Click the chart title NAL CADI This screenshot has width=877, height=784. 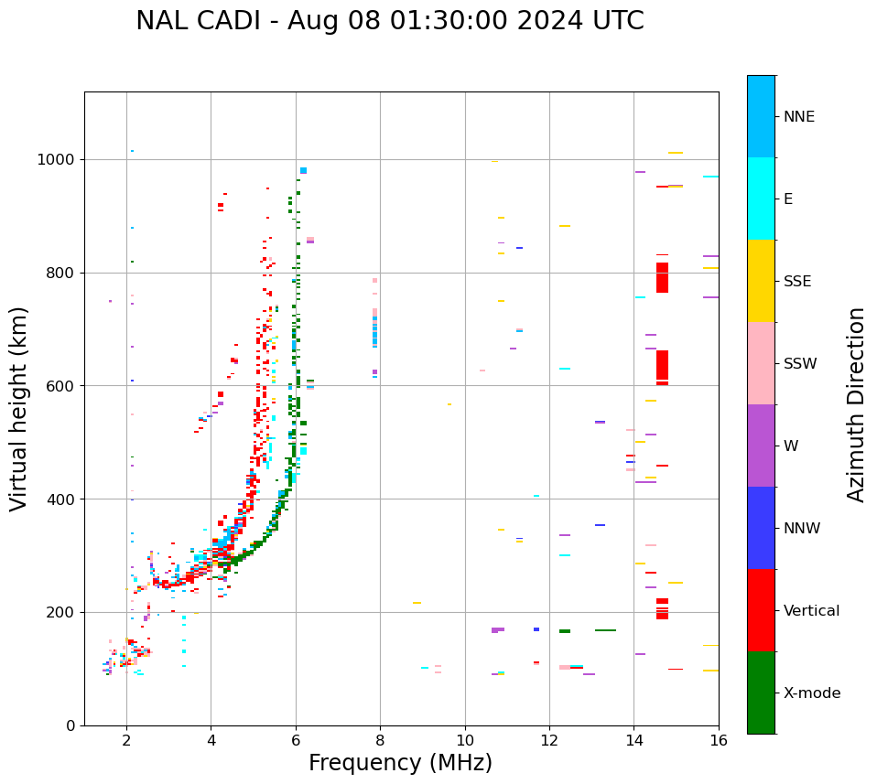389,21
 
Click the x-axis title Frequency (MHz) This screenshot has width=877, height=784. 400,763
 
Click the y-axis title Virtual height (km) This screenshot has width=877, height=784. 20,408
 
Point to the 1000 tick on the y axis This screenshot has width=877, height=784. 56,159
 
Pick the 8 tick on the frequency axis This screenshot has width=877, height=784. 380,739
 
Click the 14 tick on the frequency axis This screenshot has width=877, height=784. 633,739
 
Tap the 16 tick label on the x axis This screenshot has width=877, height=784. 719,739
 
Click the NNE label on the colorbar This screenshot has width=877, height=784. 798,117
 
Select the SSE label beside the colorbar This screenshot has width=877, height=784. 797,282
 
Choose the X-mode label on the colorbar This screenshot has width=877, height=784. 812,693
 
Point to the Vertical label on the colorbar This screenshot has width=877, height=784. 811,611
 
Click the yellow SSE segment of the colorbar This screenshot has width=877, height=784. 761,281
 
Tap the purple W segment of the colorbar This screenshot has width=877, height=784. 761,446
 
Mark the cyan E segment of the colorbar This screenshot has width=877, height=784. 761,199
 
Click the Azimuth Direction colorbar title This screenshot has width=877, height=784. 856,404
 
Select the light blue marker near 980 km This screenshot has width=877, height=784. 303,171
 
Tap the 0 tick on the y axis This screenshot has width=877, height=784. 70,725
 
